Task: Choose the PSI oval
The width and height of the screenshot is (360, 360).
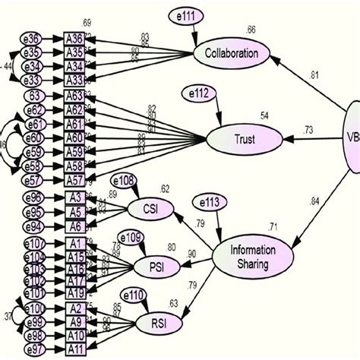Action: (156, 266)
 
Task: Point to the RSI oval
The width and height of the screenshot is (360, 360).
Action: (156, 324)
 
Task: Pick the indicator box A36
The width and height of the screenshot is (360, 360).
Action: (74, 39)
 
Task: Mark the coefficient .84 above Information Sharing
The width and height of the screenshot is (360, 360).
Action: (314, 201)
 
